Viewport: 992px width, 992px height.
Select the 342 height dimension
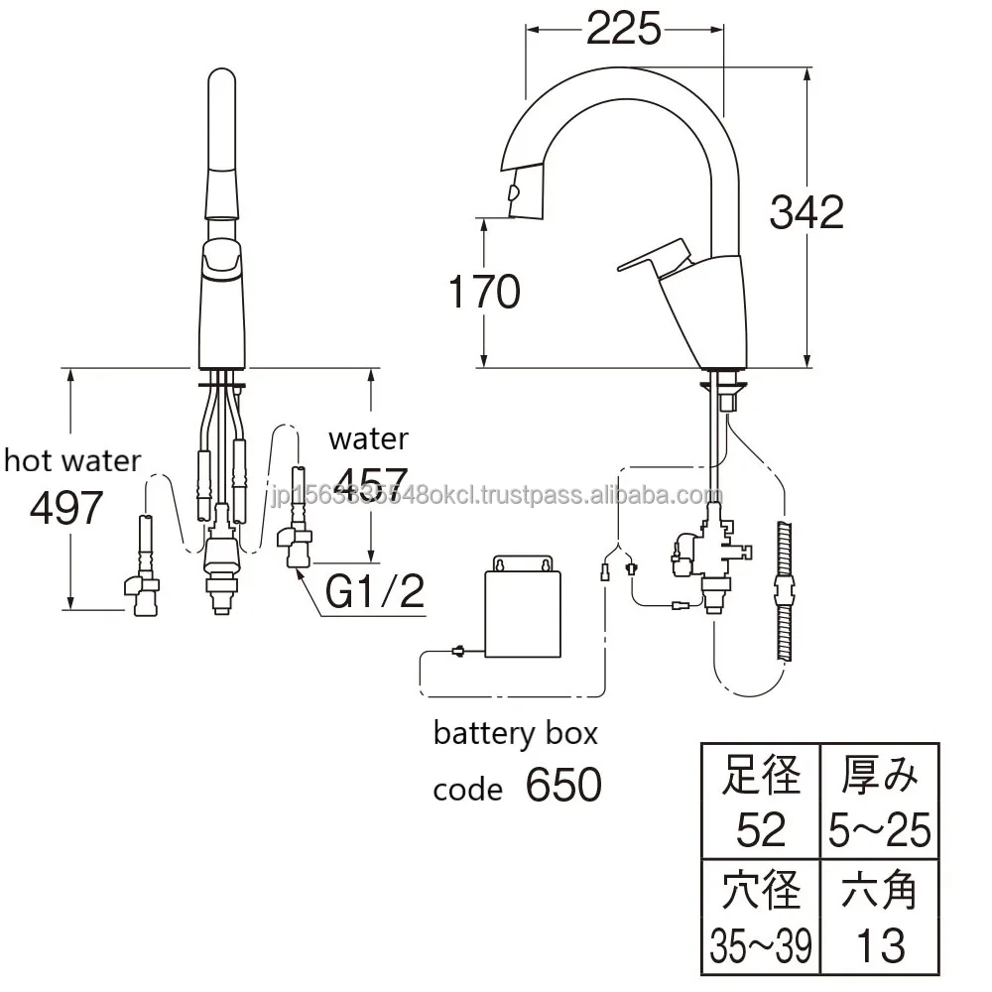tap(806, 211)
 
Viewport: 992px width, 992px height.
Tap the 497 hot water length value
tap(66, 508)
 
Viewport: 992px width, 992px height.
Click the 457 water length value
tap(370, 481)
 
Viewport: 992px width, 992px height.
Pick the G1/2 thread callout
tap(375, 592)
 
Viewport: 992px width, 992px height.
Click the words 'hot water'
tap(72, 460)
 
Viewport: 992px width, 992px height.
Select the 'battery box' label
tap(515, 734)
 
